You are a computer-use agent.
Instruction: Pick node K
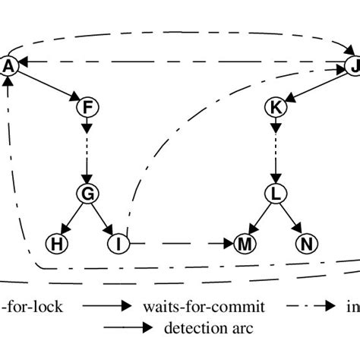[x=276, y=108]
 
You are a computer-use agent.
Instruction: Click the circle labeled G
[x=87, y=194]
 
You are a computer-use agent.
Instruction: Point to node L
[x=276, y=194]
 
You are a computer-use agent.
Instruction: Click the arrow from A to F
[x=47, y=86]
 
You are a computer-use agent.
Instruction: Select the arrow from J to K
[x=314, y=87]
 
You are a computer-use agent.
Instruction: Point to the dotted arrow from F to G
[x=87, y=150]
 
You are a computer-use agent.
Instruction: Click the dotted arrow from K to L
[x=276, y=150]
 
